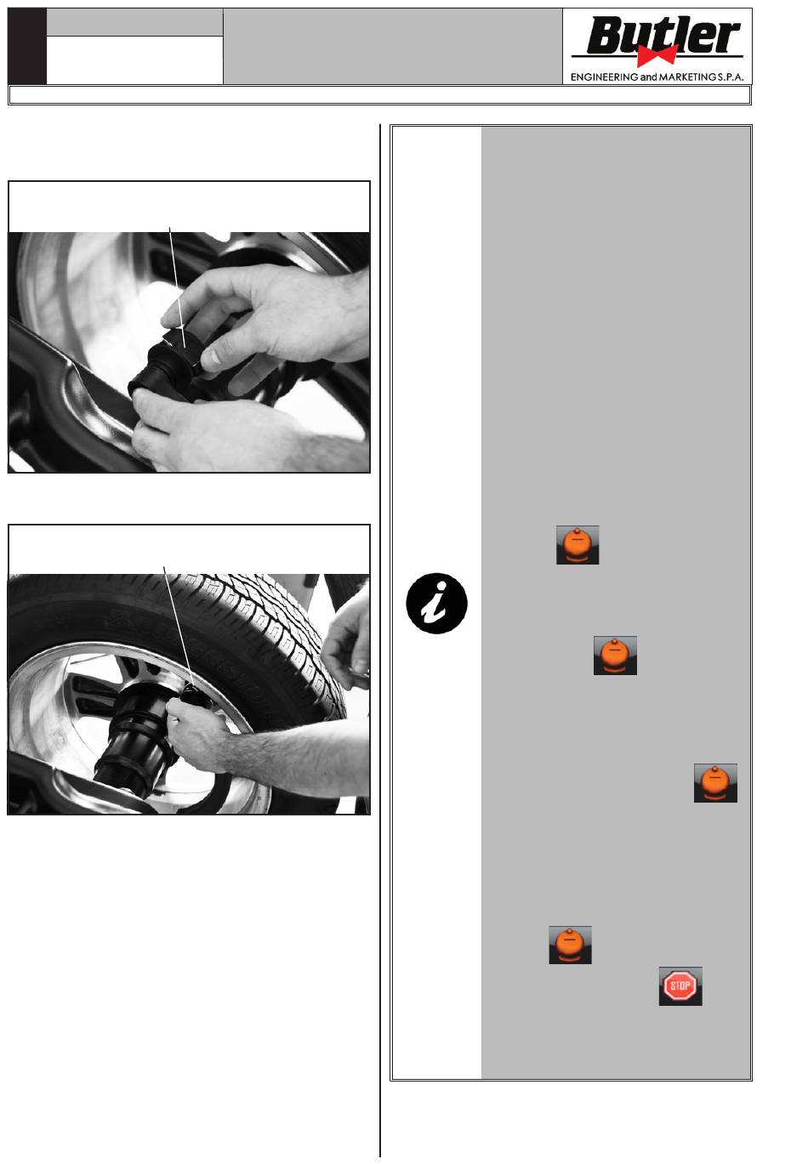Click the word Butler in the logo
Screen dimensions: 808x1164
[x=663, y=36]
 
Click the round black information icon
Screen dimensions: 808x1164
[x=437, y=604]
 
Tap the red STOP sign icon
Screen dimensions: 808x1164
[x=680, y=985]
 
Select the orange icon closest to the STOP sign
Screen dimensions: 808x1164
[x=571, y=945]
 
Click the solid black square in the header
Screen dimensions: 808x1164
[x=27, y=46]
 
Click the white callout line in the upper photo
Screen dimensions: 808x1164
[x=177, y=287]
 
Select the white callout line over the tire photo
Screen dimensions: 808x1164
[x=179, y=626]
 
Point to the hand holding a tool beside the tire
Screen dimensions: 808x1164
[x=347, y=640]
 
